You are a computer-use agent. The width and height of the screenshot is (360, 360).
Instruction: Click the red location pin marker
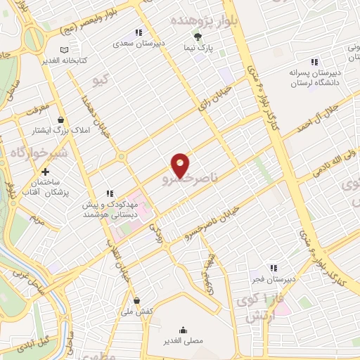(181, 165)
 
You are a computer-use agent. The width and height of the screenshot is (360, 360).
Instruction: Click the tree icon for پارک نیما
(198, 37)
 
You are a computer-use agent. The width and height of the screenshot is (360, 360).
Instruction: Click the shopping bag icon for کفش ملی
(136, 301)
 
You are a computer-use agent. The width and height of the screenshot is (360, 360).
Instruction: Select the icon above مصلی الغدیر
(183, 330)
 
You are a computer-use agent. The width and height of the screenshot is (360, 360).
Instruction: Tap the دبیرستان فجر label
(274, 279)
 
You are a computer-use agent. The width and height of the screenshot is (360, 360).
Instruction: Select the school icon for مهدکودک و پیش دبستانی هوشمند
(109, 193)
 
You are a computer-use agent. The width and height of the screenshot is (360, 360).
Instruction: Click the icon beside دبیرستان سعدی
(139, 32)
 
